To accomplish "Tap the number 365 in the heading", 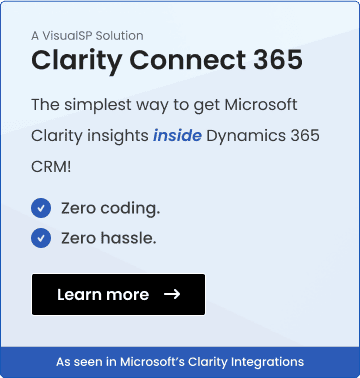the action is coord(270,60).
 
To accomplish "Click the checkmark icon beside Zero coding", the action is coord(41,208).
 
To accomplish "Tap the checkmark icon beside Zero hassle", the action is coord(41,237).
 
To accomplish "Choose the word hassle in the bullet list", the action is coord(130,237).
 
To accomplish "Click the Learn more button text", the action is coord(103,294).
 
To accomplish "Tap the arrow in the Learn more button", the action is coord(171,294).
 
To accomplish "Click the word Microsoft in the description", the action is coord(271,105).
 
